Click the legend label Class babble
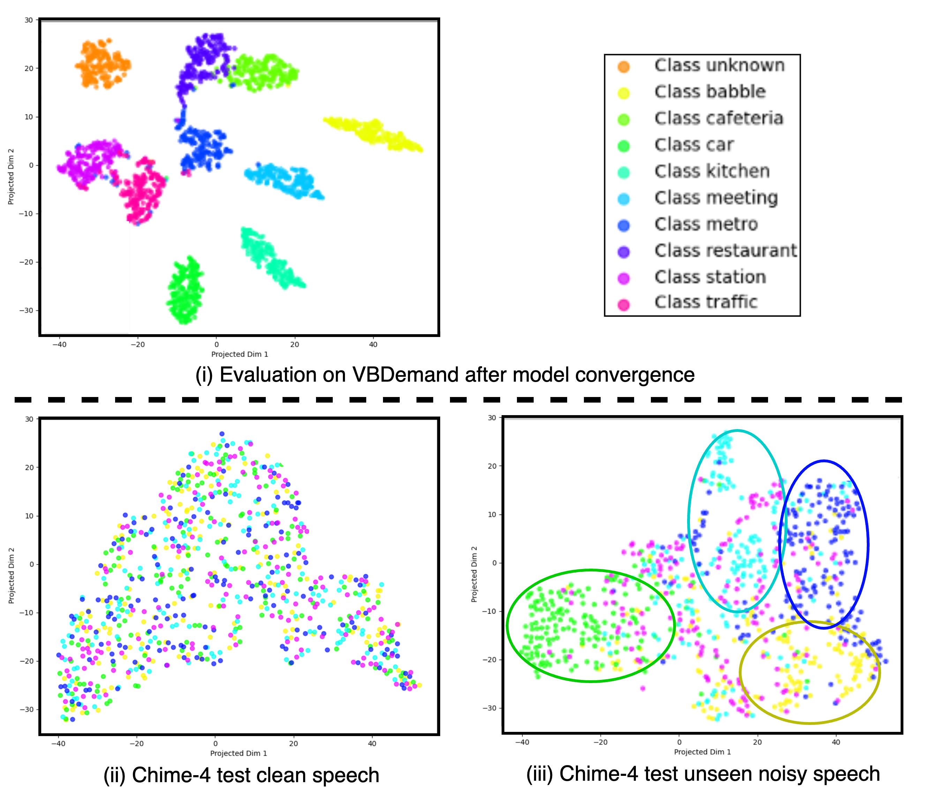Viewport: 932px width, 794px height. pyautogui.click(x=710, y=92)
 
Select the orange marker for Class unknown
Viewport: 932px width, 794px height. pyautogui.click(x=623, y=67)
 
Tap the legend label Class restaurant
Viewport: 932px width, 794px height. pyautogui.click(x=725, y=250)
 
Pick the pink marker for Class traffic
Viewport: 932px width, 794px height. pyautogui.click(x=623, y=305)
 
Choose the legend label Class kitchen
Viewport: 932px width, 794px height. pyautogui.click(x=712, y=171)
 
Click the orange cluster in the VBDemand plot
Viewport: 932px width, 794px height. pyautogui.click(x=103, y=64)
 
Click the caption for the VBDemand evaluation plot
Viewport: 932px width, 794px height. pyautogui.click(x=444, y=375)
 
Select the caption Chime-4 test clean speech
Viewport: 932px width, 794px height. pyautogui.click(x=241, y=775)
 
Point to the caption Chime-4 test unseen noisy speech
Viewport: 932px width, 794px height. pyautogui.click(x=702, y=774)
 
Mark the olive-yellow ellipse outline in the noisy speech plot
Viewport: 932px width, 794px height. pyautogui.click(x=741, y=673)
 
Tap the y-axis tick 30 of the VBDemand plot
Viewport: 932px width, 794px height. pyautogui.click(x=29, y=20)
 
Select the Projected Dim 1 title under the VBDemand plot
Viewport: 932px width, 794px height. pyautogui.click(x=239, y=354)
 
